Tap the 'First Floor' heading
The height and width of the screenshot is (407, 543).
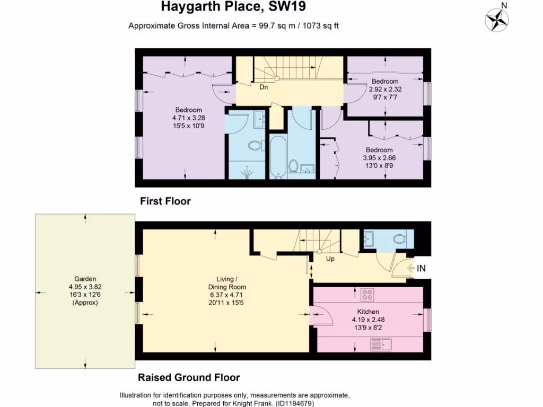coord(165,201)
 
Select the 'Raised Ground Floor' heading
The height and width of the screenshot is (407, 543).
coord(189,378)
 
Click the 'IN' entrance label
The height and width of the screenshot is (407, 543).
coord(421,269)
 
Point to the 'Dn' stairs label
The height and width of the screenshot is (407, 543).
coord(263,87)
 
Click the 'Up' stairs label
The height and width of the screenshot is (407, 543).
coord(330,259)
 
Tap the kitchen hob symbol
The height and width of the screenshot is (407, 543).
coord(367,294)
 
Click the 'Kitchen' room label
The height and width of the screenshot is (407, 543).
coord(367,312)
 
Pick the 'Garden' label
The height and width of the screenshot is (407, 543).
coord(85,279)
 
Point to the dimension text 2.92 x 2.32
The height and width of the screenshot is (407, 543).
coord(384,89)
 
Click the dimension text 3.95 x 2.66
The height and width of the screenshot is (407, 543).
coord(379,157)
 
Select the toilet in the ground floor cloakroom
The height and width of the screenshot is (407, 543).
coord(400,239)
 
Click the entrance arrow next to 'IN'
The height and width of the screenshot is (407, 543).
coord(410,269)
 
